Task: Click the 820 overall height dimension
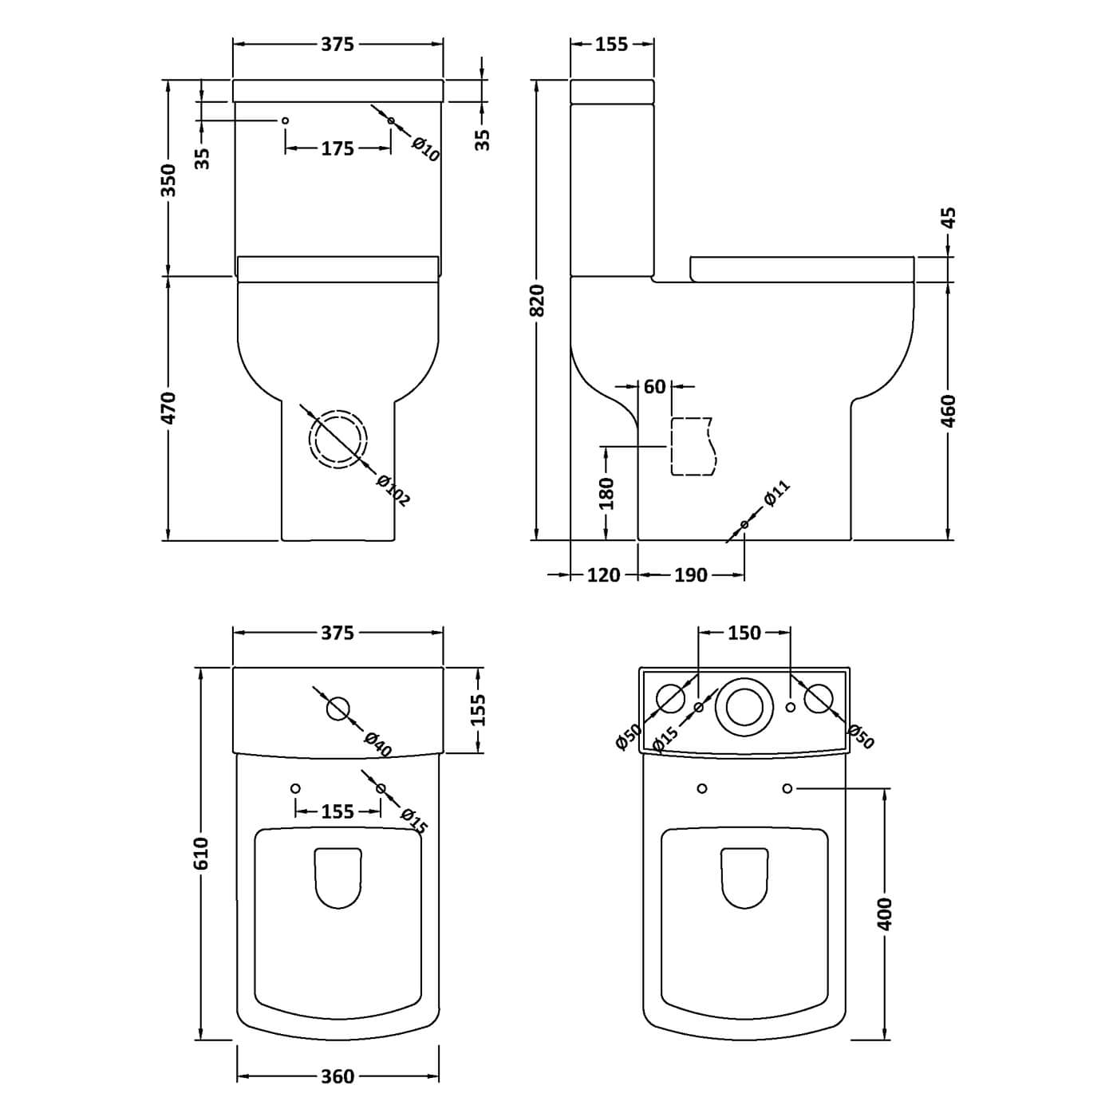(x=538, y=300)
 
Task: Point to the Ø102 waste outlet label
(x=393, y=491)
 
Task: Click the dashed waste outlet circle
(x=338, y=440)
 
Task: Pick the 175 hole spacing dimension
(x=337, y=149)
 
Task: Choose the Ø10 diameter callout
(x=426, y=150)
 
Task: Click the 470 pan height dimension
(x=168, y=408)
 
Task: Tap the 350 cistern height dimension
(x=168, y=180)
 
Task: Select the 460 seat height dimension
(x=949, y=411)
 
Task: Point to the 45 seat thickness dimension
(x=949, y=218)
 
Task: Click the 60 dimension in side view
(x=655, y=386)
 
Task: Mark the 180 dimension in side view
(x=606, y=494)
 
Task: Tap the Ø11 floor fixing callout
(x=777, y=493)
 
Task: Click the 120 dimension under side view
(x=603, y=575)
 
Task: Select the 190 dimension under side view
(x=690, y=575)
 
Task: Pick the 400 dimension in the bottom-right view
(x=885, y=914)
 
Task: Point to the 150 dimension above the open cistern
(x=744, y=633)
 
